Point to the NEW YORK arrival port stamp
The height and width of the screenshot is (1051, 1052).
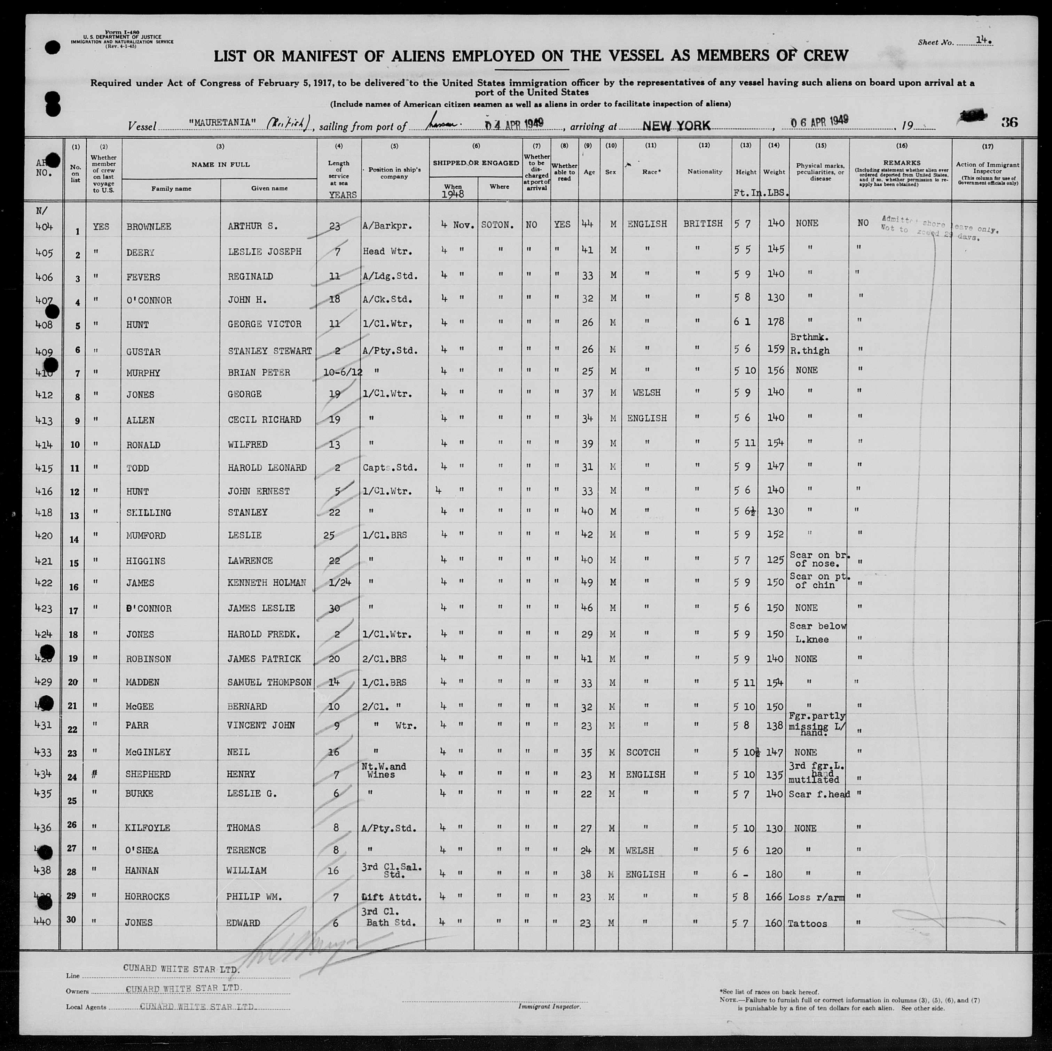click(676, 125)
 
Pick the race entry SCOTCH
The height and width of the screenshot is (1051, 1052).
click(643, 752)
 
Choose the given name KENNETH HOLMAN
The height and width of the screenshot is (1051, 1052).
click(267, 582)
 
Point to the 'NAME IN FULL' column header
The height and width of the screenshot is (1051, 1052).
click(220, 164)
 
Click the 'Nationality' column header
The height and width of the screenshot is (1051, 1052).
click(705, 172)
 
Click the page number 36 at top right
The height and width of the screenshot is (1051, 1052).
click(1009, 122)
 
